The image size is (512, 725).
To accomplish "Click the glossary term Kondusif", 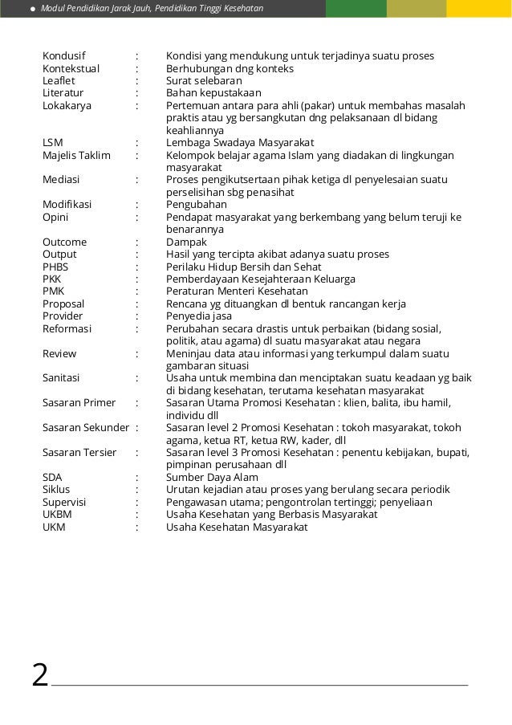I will (x=64, y=56).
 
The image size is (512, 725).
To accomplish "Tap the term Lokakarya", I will (x=67, y=106).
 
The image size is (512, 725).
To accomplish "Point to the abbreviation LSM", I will (x=53, y=143).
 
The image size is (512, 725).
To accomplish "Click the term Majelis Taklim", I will (x=76, y=156).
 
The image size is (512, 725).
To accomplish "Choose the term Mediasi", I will (x=61, y=180).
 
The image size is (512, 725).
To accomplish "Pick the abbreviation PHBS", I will (x=55, y=267).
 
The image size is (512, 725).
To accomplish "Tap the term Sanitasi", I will (x=63, y=378).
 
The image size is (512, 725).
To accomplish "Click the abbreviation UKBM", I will (x=56, y=515).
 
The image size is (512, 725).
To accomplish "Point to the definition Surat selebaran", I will (x=204, y=81).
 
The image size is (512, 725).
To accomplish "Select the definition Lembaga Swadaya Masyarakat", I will (x=241, y=143).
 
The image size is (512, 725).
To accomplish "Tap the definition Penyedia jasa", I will (x=198, y=316).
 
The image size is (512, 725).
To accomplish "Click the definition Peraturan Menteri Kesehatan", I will (x=237, y=291).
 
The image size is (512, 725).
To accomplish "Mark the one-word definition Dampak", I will (x=186, y=242).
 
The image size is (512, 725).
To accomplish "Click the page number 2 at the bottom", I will (x=39, y=674).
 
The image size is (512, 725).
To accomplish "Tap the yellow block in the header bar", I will (x=479, y=9).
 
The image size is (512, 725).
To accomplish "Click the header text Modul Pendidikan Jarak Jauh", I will (x=95, y=9).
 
